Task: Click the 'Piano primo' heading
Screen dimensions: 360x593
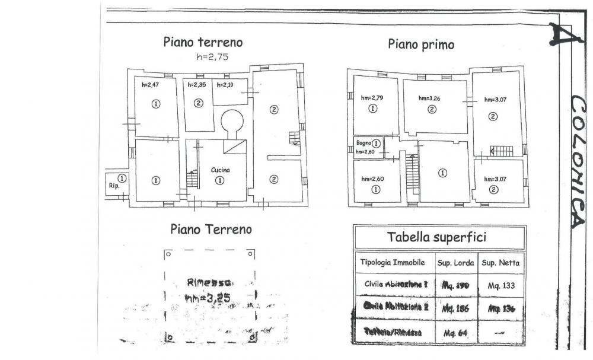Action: [421, 44]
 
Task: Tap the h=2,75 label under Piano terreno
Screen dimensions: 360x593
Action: [212, 58]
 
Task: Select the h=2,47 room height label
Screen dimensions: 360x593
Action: [151, 85]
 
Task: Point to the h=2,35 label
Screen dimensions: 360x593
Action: [196, 85]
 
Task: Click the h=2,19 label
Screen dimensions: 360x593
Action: [226, 85]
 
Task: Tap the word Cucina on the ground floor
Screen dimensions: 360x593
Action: [220, 170]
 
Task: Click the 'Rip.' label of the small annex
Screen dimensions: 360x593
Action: [114, 186]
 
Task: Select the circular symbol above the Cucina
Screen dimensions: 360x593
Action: [232, 121]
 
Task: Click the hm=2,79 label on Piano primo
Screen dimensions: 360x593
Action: [373, 98]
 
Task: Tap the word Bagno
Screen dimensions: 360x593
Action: [364, 143]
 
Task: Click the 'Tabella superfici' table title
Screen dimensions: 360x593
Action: [436, 237]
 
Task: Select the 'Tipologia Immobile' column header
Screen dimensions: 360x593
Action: [391, 262]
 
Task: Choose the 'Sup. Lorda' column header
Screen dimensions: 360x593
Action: [454, 262]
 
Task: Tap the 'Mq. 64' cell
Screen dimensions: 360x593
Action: [455, 333]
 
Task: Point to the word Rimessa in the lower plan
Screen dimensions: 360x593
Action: [209, 282]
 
